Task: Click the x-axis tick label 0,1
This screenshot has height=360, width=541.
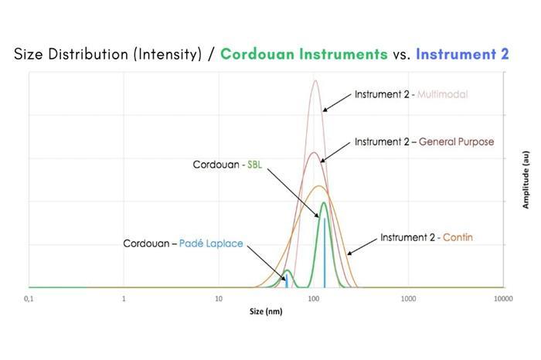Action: pos(29,299)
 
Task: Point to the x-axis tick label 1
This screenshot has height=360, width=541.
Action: pos(124,299)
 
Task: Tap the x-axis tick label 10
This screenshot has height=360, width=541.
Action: pos(219,299)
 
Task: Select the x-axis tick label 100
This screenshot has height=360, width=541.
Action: pos(314,299)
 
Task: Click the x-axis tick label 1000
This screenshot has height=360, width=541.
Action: pos(408,299)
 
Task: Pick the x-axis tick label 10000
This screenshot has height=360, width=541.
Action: pos(503,299)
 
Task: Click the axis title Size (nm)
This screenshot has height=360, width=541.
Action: pos(266,311)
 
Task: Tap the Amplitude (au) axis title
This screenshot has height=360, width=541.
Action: pos(526,180)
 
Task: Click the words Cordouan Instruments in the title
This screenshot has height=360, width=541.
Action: pos(304,54)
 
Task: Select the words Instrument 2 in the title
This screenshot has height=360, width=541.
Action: pos(462,54)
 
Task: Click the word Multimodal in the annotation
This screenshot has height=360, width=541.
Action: pos(442,94)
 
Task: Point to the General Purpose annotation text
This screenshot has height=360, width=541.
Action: pos(456,141)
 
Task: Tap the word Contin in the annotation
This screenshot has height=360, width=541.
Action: pos(458,237)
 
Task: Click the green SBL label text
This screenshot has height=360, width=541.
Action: pos(254,165)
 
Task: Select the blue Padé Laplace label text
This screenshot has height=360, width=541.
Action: pos(211,243)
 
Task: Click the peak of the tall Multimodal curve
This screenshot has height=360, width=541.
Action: pos(315,80)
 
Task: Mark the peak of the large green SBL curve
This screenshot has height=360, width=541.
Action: pos(324,202)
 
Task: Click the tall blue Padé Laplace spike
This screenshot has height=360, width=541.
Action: pos(325,253)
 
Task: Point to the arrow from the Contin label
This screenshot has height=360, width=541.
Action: pos(362,247)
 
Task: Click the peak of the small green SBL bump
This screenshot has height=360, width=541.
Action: pos(287,270)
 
